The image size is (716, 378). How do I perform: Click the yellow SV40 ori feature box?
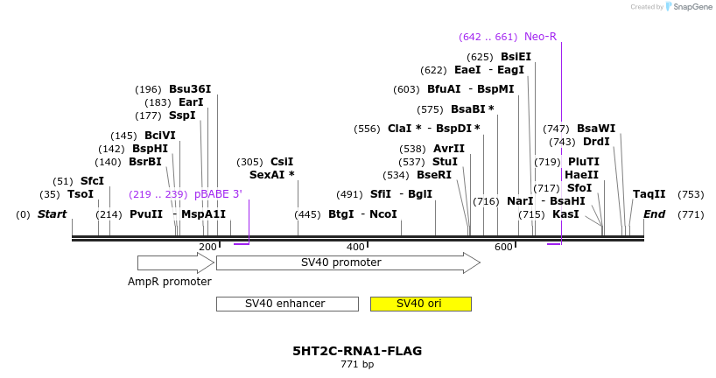point(420,304)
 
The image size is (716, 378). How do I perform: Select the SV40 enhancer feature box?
point(286,304)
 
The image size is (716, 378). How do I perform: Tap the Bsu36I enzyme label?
point(190,89)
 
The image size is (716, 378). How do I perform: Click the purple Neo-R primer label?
point(540,37)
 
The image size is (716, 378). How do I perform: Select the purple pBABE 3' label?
point(218,193)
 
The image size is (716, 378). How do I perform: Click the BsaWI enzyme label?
point(596,129)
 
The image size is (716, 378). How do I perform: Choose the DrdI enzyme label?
point(596,142)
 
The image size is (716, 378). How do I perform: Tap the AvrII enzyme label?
point(449,149)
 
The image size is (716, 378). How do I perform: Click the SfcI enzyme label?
point(92,181)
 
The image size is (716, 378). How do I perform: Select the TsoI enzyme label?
point(80,193)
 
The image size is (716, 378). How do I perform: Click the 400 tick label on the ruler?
point(355,248)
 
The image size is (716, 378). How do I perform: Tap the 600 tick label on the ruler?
point(503,248)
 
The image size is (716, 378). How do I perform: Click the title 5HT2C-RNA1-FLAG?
point(357,351)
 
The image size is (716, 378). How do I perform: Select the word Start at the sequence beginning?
point(52,214)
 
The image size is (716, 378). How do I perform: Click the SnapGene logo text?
point(691,7)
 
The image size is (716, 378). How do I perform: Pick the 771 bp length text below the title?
point(357,365)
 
